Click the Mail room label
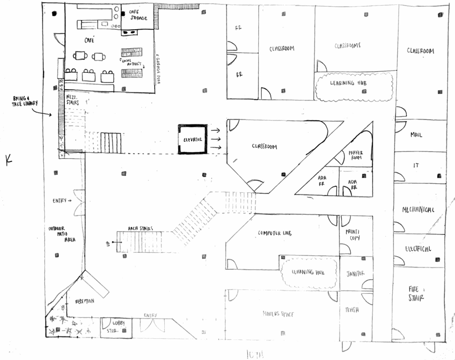pyautogui.click(x=416, y=135)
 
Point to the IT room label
pyautogui.click(x=416, y=166)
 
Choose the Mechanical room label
pyautogui.click(x=419, y=210)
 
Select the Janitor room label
pyautogui.click(x=355, y=274)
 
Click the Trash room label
pyautogui.click(x=352, y=310)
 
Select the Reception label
pyautogui.click(x=85, y=302)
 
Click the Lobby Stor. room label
pyautogui.click(x=109, y=327)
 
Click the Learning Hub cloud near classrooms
pyautogui.click(x=352, y=83)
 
